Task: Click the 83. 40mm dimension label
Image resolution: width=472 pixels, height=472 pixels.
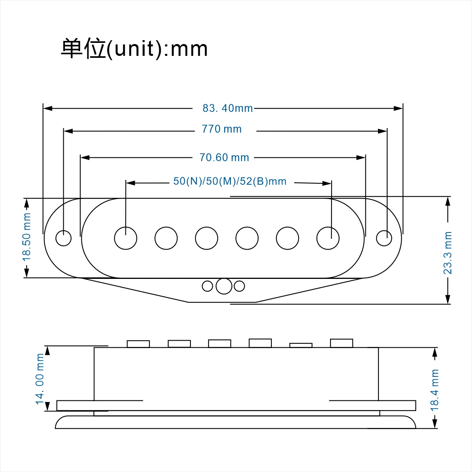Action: click(228, 108)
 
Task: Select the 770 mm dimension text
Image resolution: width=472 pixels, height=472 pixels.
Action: click(222, 129)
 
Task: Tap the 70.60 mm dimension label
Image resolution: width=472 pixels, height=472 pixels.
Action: click(224, 157)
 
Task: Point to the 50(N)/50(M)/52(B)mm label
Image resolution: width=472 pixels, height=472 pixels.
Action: click(230, 181)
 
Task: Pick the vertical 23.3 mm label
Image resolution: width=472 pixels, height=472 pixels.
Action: click(448, 253)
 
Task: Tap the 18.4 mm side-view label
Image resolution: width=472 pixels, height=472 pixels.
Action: click(435, 390)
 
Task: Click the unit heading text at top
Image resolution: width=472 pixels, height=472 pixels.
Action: click(134, 49)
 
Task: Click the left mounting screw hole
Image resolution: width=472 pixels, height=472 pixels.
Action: click(63, 238)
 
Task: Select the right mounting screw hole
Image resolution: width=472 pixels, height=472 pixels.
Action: click(384, 238)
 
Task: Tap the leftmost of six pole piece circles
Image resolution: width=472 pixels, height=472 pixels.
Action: click(125, 238)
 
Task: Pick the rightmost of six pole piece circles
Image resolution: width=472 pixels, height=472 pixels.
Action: click(328, 238)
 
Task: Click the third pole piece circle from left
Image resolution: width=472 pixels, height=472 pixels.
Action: click(206, 238)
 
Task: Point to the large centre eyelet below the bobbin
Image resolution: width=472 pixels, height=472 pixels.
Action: click(224, 286)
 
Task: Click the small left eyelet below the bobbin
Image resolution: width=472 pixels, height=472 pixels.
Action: click(207, 286)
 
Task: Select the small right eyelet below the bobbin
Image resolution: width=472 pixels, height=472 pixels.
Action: click(239, 286)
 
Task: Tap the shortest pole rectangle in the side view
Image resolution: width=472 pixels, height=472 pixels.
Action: click(301, 345)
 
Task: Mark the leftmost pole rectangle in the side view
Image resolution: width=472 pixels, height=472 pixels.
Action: click(138, 344)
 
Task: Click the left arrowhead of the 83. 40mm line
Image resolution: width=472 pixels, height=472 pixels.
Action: click(48, 108)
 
